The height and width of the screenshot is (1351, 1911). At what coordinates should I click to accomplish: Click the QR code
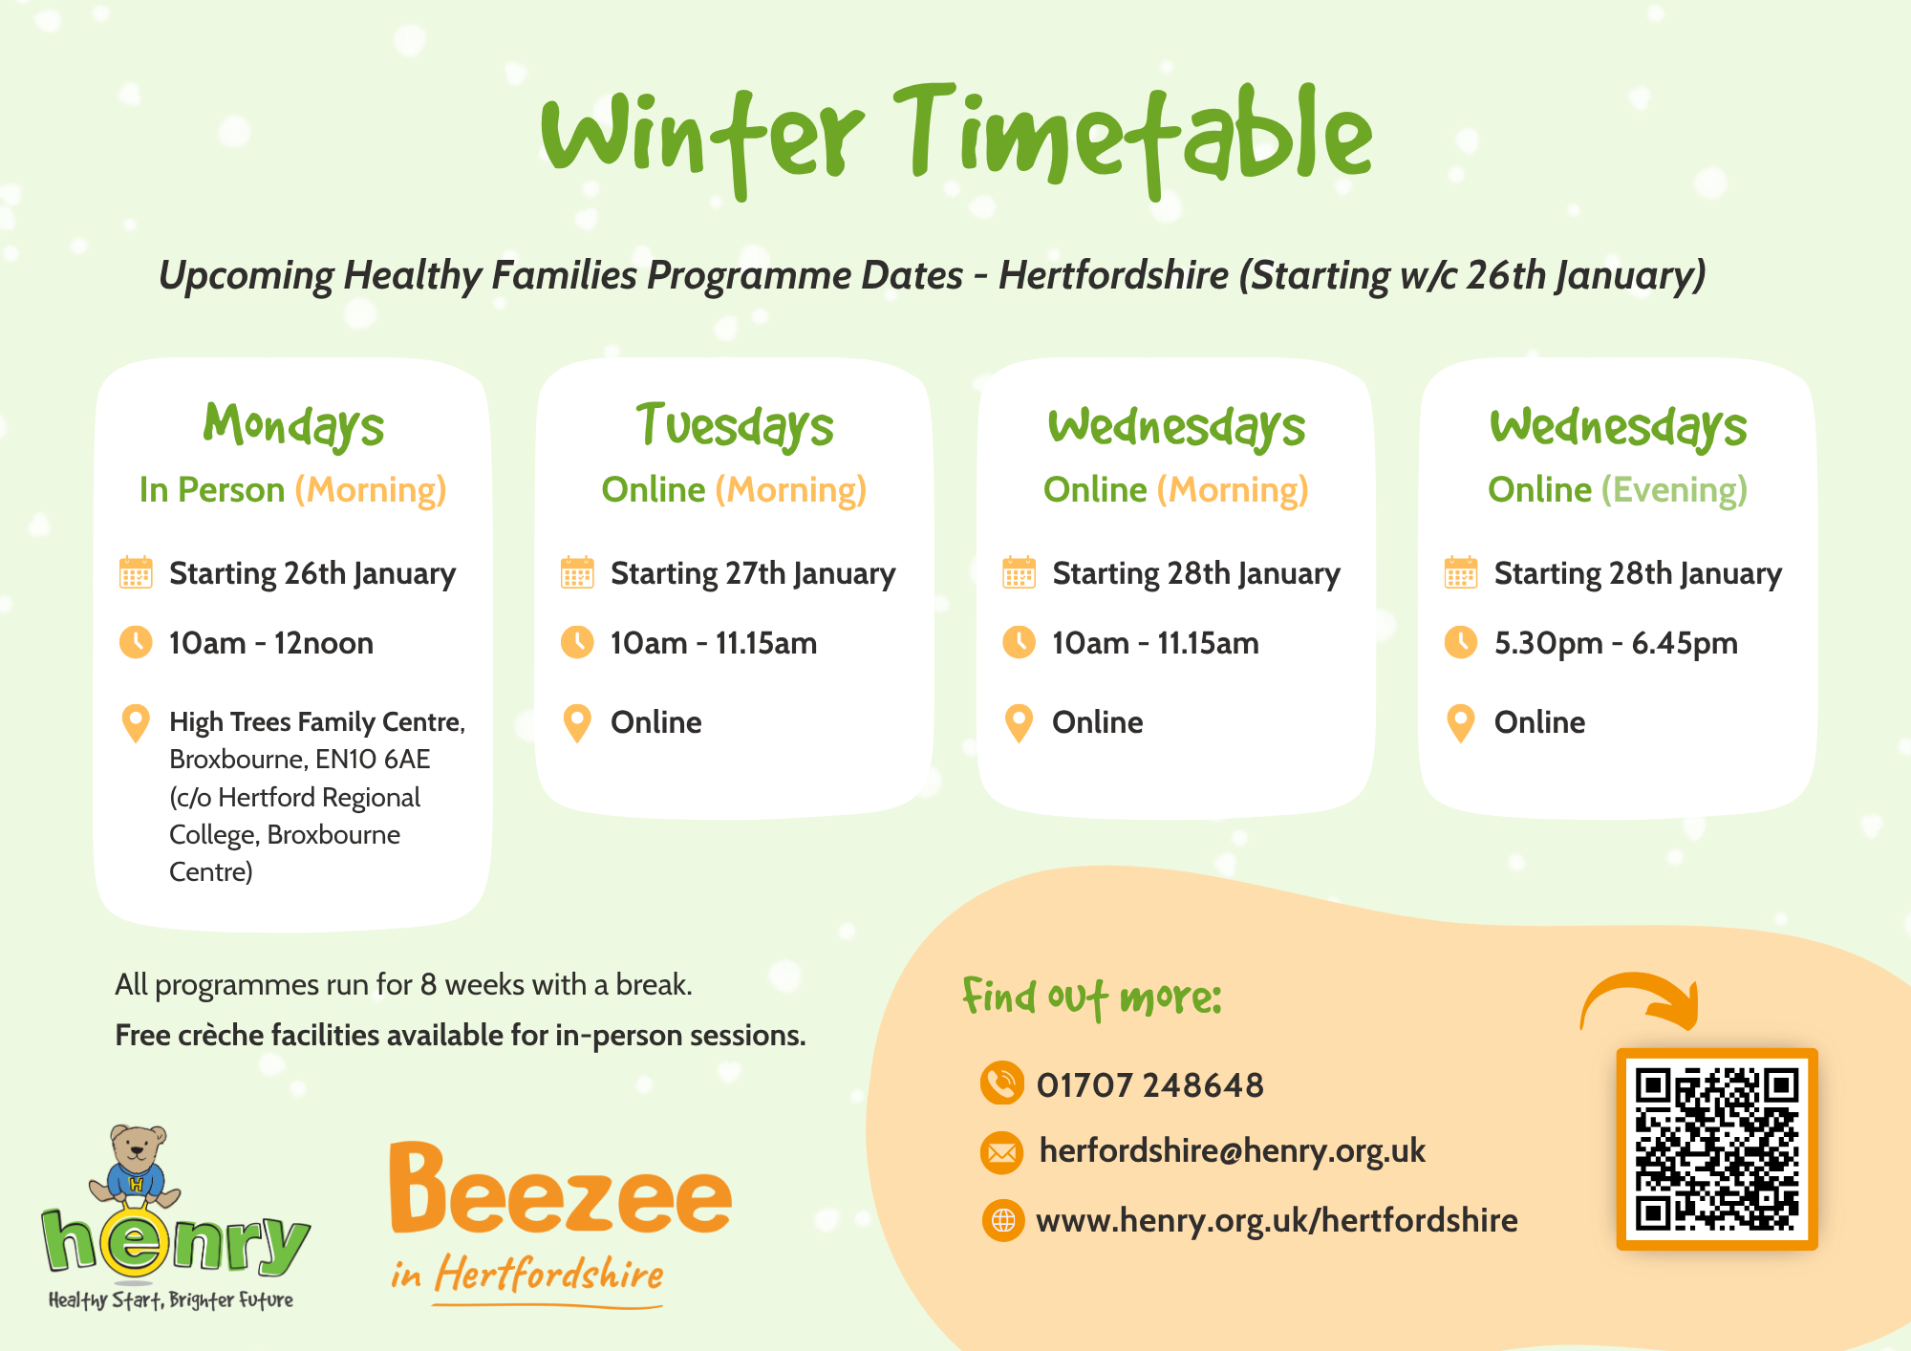[x=1716, y=1148]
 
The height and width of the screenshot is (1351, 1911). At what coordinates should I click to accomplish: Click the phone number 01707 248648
[x=1149, y=1085]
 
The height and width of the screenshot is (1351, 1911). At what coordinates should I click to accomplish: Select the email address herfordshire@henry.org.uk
[x=1232, y=1150]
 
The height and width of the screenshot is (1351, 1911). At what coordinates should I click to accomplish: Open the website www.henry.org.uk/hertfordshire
[x=1277, y=1220]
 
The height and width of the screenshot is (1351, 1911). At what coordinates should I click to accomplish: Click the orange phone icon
[x=1001, y=1083]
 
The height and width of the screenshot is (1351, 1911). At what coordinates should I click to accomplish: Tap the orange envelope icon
[x=1001, y=1152]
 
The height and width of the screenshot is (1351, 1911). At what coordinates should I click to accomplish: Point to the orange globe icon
[x=1002, y=1220]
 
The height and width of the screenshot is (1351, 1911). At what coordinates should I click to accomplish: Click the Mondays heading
[x=293, y=425]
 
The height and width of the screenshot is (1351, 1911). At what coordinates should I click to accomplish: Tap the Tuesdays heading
[x=734, y=425]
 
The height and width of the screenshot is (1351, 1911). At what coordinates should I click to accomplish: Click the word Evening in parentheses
[x=1674, y=490]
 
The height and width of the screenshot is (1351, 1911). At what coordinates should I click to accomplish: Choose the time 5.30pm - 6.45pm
[x=1615, y=643]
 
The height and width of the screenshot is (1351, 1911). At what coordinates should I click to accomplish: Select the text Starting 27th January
[x=753, y=573]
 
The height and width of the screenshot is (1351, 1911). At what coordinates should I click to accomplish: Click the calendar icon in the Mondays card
[x=136, y=572]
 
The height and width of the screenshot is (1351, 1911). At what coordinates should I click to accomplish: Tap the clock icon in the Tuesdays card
[x=577, y=642]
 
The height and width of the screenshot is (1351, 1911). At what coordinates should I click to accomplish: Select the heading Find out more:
[x=1091, y=997]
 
